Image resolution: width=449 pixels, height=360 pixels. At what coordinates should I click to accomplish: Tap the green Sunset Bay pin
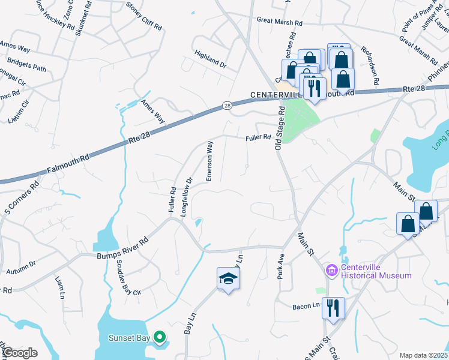[159, 337]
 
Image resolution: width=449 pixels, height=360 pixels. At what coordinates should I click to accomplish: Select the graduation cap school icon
[228, 278]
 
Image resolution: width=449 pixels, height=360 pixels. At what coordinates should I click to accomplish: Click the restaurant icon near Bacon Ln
[333, 308]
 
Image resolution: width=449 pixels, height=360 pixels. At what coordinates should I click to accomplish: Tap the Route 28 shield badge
[227, 106]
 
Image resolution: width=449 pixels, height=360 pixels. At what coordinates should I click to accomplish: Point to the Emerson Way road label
[210, 161]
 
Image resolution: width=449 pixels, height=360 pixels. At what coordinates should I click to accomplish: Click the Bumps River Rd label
[122, 248]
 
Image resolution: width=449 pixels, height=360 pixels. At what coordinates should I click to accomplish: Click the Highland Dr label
[210, 58]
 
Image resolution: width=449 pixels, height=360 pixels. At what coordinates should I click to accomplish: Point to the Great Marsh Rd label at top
[280, 21]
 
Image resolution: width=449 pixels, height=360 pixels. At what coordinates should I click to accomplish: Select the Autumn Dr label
[21, 267]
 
